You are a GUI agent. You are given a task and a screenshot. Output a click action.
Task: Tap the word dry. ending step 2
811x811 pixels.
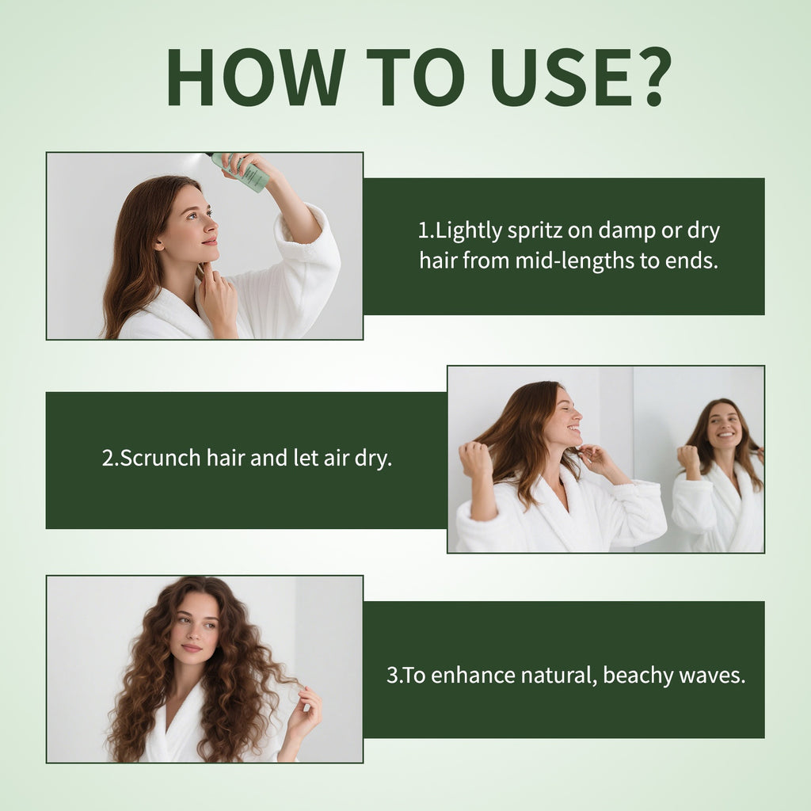pos(371,459)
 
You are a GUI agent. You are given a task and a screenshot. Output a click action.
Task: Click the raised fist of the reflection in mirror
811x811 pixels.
pos(688,458)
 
